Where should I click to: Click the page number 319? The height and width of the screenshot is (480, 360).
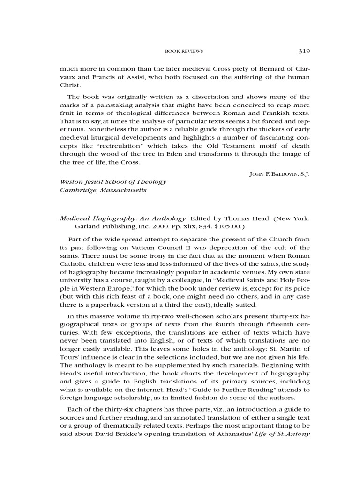tap(303, 51)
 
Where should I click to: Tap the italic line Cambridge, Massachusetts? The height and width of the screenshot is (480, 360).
tap(103, 190)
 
